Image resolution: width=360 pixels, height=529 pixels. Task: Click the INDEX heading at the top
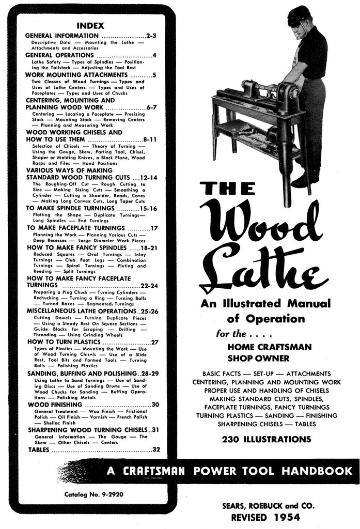(x=90, y=25)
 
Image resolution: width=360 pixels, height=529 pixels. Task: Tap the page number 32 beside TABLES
(x=155, y=449)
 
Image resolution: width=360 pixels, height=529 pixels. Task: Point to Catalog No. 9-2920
(x=90, y=495)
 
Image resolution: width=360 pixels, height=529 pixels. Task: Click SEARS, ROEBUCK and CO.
(x=267, y=505)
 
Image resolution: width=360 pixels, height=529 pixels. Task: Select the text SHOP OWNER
(x=258, y=358)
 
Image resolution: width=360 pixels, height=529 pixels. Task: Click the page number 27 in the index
(x=154, y=342)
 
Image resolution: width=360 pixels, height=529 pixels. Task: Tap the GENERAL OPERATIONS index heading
(x=59, y=55)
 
